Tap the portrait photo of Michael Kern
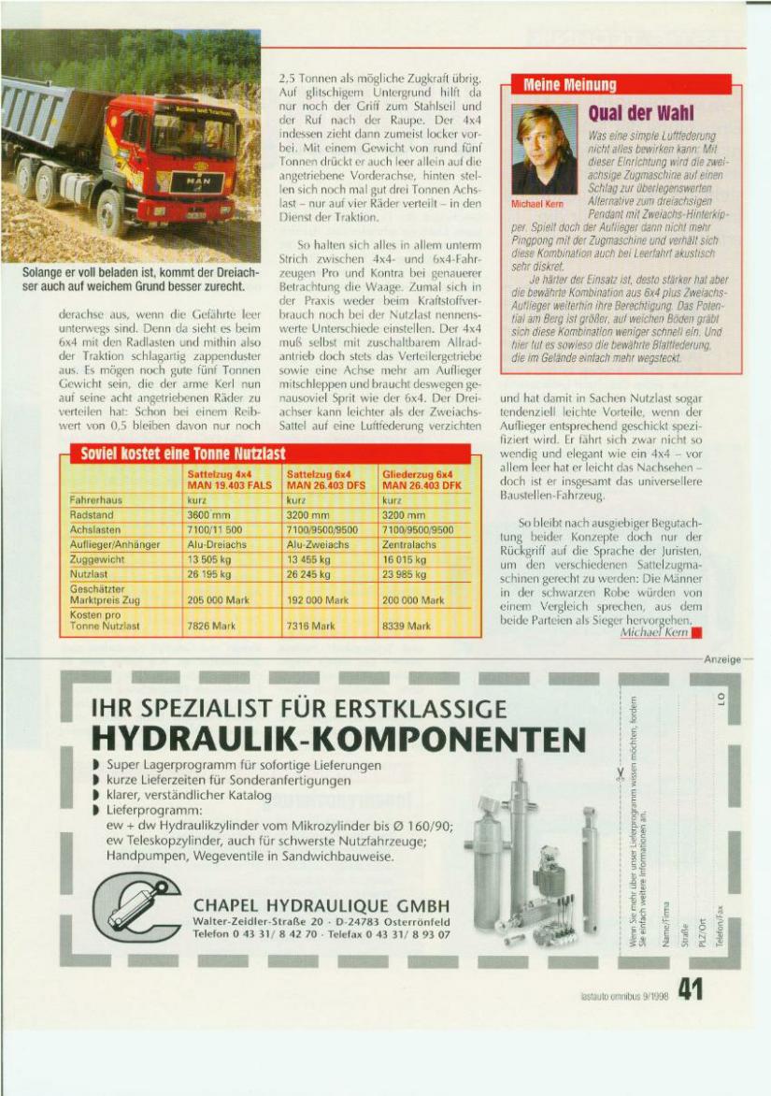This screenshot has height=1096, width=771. click(x=544, y=149)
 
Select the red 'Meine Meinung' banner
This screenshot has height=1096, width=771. click(x=571, y=85)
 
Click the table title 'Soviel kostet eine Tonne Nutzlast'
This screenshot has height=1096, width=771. click(x=182, y=454)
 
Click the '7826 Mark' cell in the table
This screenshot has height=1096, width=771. click(x=210, y=625)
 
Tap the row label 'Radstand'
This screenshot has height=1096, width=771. click(x=92, y=514)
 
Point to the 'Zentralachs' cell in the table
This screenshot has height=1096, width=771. click(x=409, y=543)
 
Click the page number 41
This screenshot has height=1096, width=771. click(x=690, y=988)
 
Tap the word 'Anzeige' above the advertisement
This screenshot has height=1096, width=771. click(x=722, y=658)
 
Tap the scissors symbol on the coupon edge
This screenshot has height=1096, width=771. click(x=620, y=772)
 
